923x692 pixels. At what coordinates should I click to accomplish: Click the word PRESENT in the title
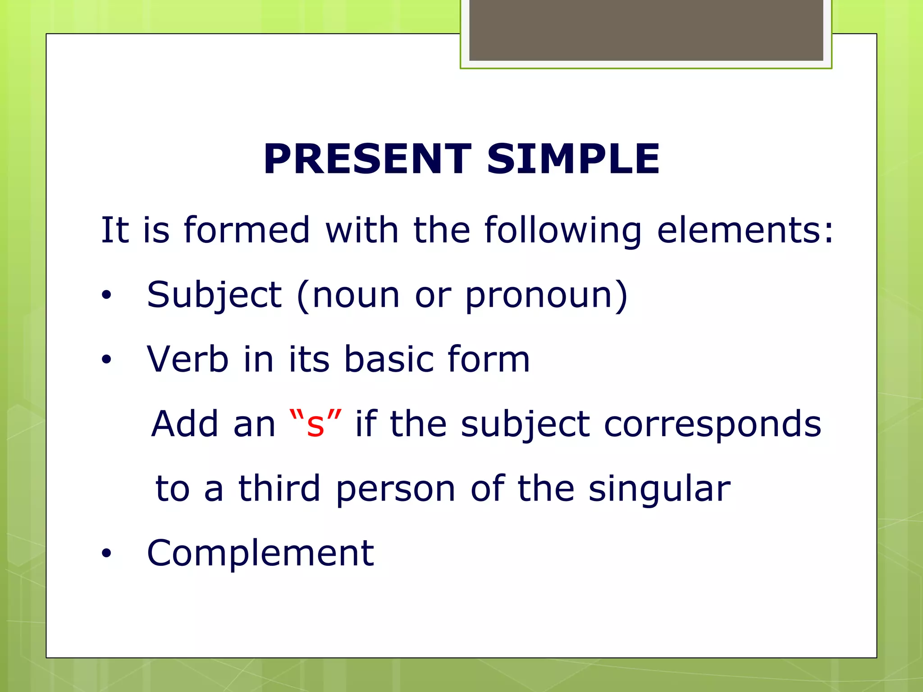coord(367,159)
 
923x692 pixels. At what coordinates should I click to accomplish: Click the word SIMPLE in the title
coord(573,159)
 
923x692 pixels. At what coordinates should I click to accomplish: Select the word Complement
coord(260,553)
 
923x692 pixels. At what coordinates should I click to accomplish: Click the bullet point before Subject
coord(106,296)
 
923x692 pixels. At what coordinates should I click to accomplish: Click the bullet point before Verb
coord(106,360)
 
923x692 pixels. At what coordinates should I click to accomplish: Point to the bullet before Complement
coord(106,554)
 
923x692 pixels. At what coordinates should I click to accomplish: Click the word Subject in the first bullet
coord(214,296)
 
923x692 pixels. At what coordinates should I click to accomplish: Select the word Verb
coord(187,360)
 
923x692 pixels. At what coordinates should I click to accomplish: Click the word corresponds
coord(712,425)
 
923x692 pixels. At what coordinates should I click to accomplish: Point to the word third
coord(279,489)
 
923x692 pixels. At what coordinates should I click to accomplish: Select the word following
coord(562,231)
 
